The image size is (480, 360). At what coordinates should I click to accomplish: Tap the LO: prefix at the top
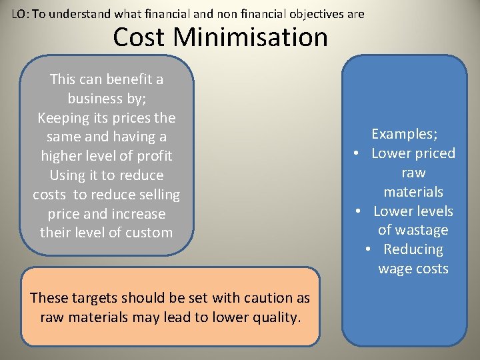20,13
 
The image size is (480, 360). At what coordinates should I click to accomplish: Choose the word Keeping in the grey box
63,118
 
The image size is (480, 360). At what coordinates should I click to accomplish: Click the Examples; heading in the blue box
404,134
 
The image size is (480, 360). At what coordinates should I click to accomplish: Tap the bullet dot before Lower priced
358,153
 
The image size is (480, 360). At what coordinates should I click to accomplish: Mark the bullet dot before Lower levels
359,211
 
